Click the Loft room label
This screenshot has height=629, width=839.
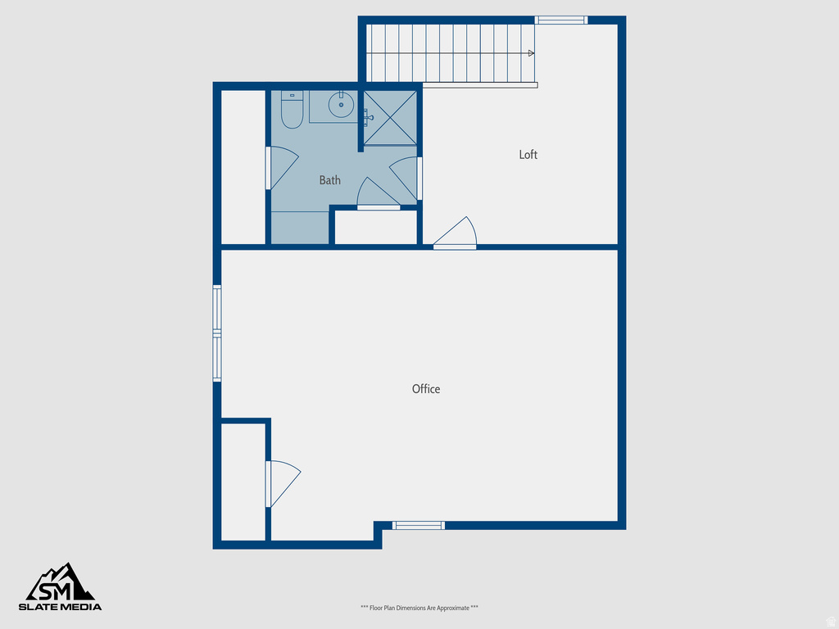[x=528, y=155]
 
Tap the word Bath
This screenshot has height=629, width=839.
[x=330, y=180]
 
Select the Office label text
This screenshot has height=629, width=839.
[x=426, y=389]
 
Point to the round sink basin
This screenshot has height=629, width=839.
[x=341, y=105]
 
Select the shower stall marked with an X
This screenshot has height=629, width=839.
[x=390, y=117]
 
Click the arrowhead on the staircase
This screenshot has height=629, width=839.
[x=532, y=53]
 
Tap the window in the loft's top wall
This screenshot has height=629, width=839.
[x=561, y=20]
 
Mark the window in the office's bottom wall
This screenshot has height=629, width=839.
[x=419, y=525]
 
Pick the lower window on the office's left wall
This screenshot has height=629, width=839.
[x=217, y=358]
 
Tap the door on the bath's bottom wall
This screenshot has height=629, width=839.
[x=377, y=195]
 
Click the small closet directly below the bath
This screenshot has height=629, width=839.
[x=376, y=228]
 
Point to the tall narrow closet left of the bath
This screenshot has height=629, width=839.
[x=243, y=167]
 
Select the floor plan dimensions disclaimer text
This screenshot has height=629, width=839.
[x=419, y=608]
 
